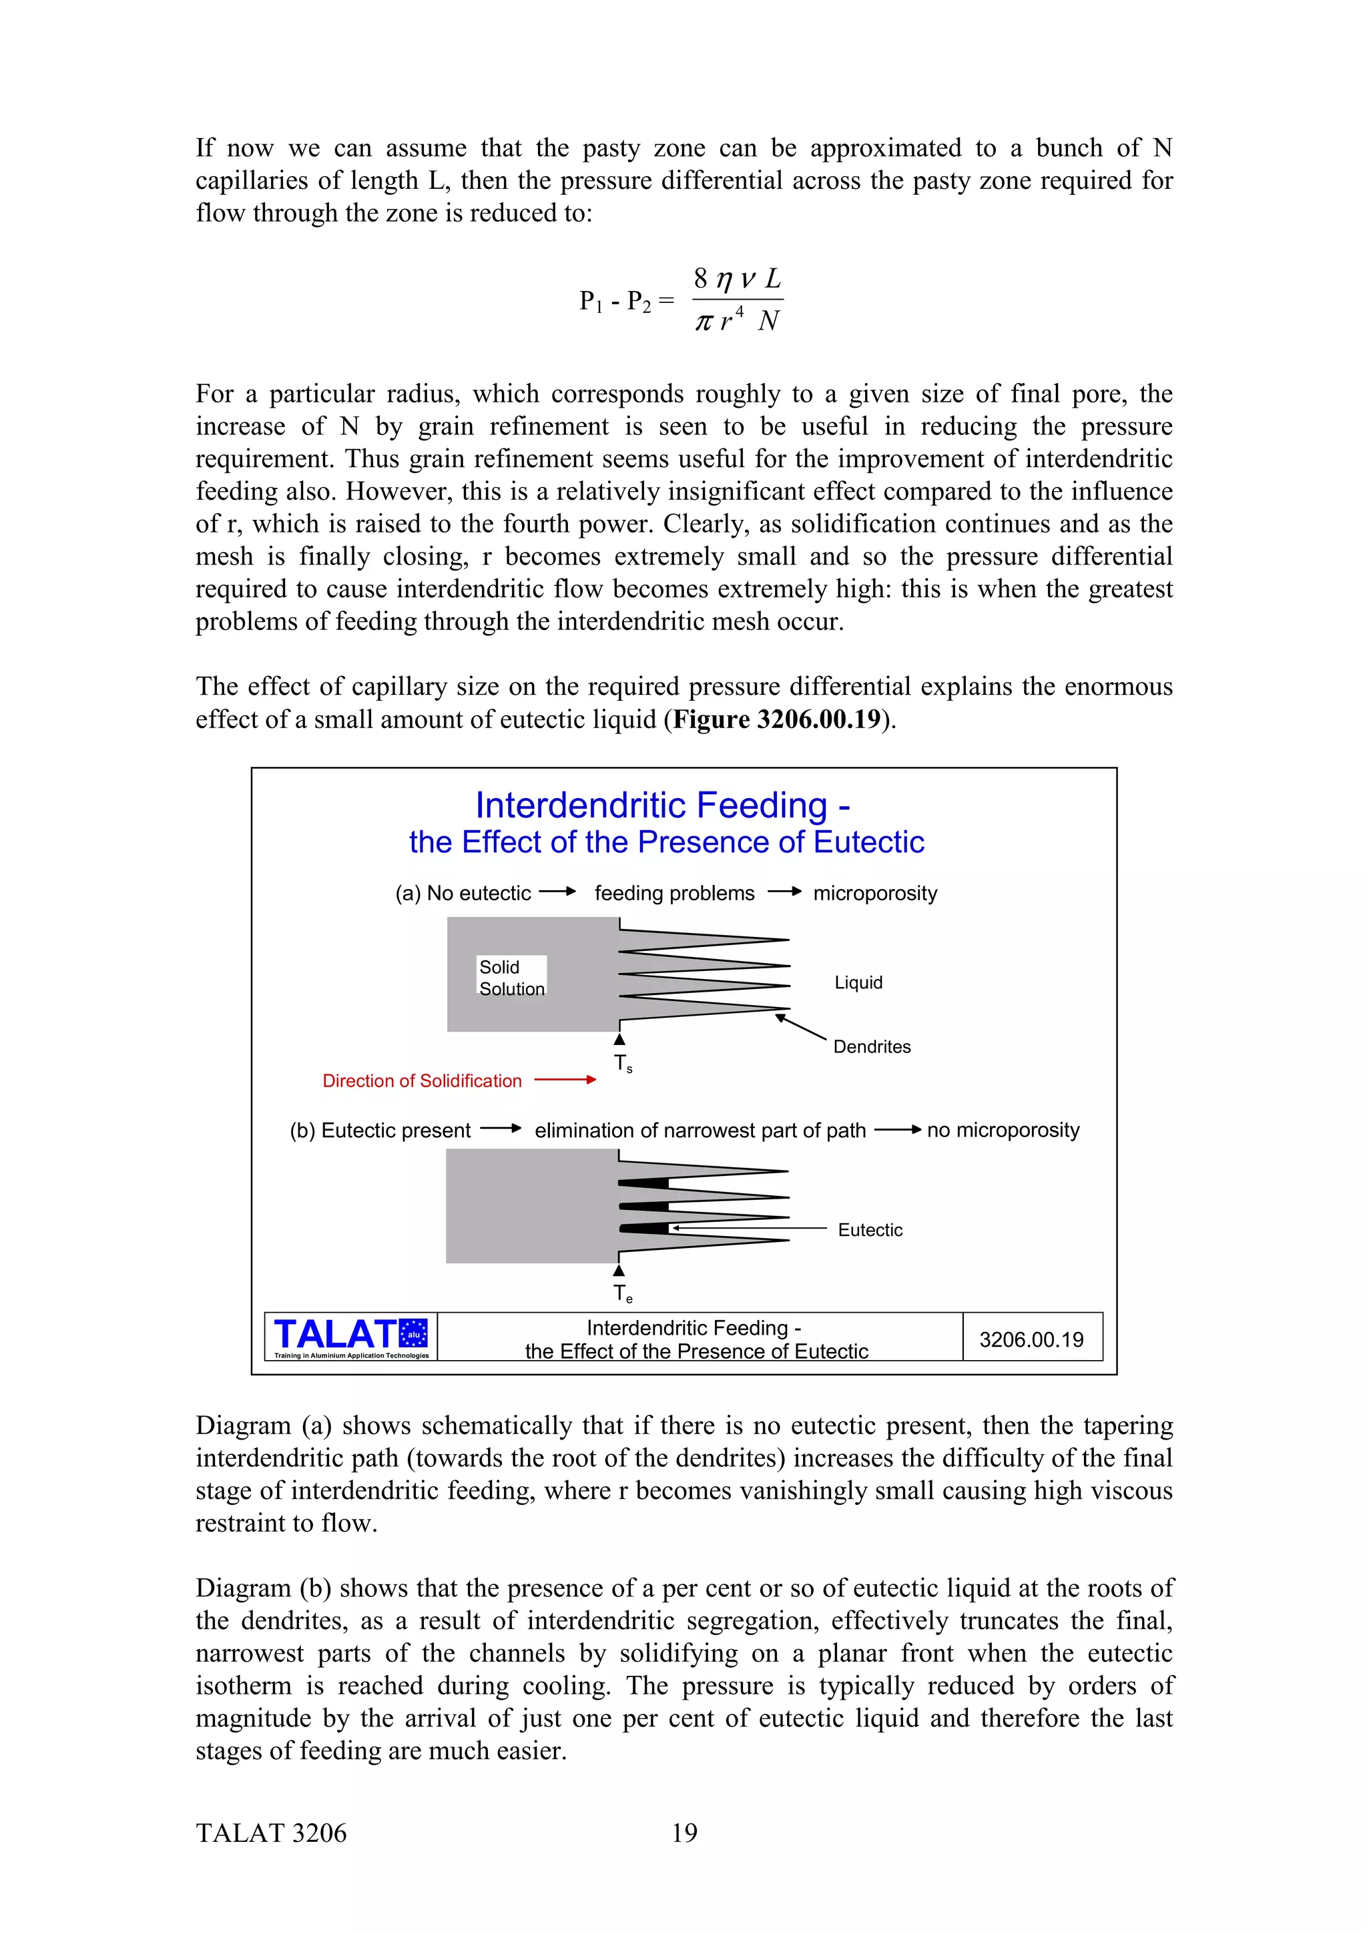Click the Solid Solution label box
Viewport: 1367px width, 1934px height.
(511, 977)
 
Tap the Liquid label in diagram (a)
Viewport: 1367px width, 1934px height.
(858, 982)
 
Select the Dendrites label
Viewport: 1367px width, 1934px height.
(872, 1046)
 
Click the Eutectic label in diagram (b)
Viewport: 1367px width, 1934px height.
(870, 1230)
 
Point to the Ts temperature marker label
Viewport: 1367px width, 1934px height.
(623, 1064)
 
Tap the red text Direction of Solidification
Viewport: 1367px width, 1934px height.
(422, 1080)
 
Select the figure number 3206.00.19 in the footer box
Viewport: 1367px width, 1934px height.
(1031, 1339)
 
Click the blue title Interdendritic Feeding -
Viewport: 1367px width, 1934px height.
(663, 805)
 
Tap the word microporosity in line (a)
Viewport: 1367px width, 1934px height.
(875, 893)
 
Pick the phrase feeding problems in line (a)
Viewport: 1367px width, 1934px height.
(675, 893)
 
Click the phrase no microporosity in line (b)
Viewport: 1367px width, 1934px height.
(1003, 1130)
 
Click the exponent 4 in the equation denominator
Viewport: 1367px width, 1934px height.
(740, 312)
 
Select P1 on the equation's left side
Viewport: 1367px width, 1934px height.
(591, 301)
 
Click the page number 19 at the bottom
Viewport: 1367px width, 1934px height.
(684, 1833)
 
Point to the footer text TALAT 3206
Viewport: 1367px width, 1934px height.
(271, 1833)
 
